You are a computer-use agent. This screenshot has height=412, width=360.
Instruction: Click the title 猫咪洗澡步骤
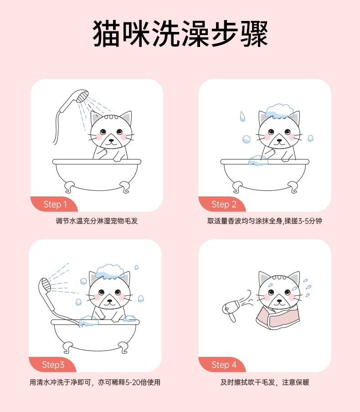click(x=180, y=34)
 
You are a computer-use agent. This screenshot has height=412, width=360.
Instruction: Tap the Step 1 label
click(x=55, y=204)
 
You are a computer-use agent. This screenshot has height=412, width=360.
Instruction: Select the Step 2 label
click(x=224, y=204)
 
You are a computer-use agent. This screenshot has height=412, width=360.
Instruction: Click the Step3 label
click(x=53, y=365)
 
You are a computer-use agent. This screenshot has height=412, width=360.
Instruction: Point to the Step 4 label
click(x=224, y=365)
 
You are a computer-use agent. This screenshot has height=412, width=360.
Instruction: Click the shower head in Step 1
click(x=82, y=96)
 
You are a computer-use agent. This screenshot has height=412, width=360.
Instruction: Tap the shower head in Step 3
click(x=45, y=284)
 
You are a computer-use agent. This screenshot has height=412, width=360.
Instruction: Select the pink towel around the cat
click(x=278, y=318)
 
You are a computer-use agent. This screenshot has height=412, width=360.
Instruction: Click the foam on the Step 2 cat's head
click(x=279, y=111)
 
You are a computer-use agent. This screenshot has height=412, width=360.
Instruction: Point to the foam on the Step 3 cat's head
click(x=110, y=271)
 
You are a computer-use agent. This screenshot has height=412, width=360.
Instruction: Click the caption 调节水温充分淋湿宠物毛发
click(x=97, y=221)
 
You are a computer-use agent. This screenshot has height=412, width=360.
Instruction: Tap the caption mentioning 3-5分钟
click(x=265, y=221)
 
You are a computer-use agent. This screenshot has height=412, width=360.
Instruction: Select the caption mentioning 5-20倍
click(x=95, y=382)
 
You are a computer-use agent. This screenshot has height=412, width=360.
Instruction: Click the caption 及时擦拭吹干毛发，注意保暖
click(x=265, y=382)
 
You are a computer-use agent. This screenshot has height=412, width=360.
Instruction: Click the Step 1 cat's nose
click(x=111, y=140)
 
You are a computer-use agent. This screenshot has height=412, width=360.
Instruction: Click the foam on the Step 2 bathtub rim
click(x=258, y=160)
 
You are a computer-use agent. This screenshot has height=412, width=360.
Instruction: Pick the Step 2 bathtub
click(x=265, y=175)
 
